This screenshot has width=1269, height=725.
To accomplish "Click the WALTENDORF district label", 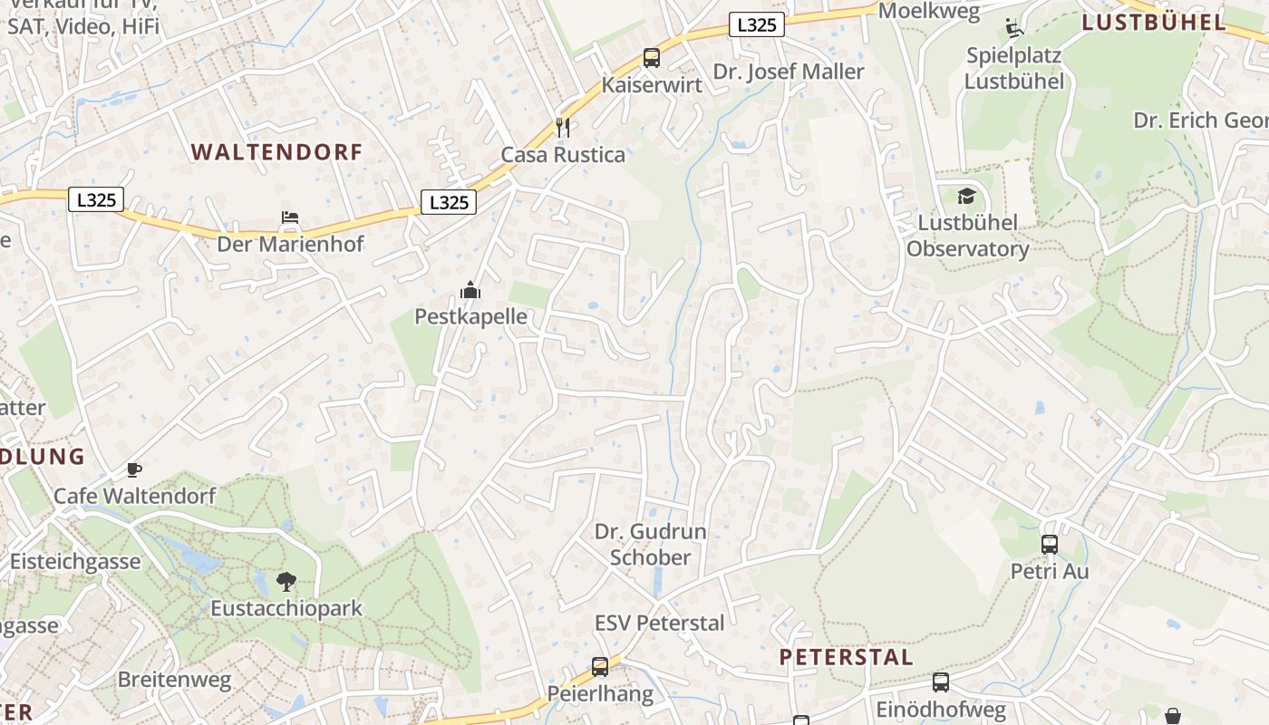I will [276, 152].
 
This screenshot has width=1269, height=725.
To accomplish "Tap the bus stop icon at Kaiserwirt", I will [651, 58].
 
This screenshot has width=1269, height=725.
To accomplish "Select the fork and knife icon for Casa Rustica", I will [563, 127].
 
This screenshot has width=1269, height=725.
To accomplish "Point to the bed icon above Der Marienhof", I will [290, 217].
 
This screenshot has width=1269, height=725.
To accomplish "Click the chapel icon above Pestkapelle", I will [470, 290].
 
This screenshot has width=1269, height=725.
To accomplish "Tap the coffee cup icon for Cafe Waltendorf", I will [134, 469].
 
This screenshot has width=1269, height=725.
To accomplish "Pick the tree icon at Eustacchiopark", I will [286, 581].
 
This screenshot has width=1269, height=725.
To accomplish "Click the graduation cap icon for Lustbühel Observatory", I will [967, 196].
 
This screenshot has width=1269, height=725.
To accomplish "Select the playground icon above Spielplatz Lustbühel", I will [1014, 28].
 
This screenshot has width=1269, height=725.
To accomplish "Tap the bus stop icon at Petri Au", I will [1050, 545].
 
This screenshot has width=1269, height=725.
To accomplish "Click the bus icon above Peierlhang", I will [600, 667].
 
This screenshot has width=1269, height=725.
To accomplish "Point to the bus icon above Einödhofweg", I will [941, 682].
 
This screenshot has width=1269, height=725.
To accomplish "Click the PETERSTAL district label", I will [847, 657].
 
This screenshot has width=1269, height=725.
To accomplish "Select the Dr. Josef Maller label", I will [789, 72].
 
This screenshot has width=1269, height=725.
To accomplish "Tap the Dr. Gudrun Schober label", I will [650, 545].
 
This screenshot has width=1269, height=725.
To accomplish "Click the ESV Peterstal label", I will [659, 623].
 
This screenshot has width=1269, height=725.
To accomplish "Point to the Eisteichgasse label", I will [75, 561].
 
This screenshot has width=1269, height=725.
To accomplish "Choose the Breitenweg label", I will [175, 679].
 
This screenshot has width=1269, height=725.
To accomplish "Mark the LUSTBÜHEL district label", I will [1155, 23].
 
